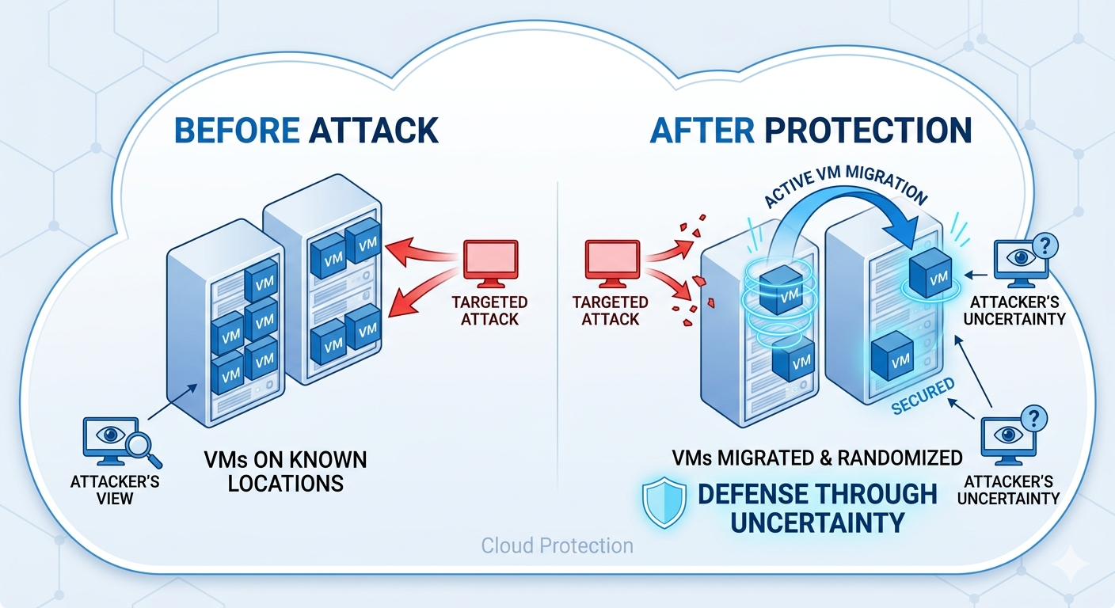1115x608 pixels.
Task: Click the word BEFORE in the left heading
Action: pyautogui.click(x=235, y=131)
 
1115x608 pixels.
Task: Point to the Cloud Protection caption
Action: pyautogui.click(x=557, y=546)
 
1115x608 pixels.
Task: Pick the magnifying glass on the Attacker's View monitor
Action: pyautogui.click(x=144, y=449)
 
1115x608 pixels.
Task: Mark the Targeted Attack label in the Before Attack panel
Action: pyautogui.click(x=489, y=310)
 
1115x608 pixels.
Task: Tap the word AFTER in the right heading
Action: pyautogui.click(x=694, y=131)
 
